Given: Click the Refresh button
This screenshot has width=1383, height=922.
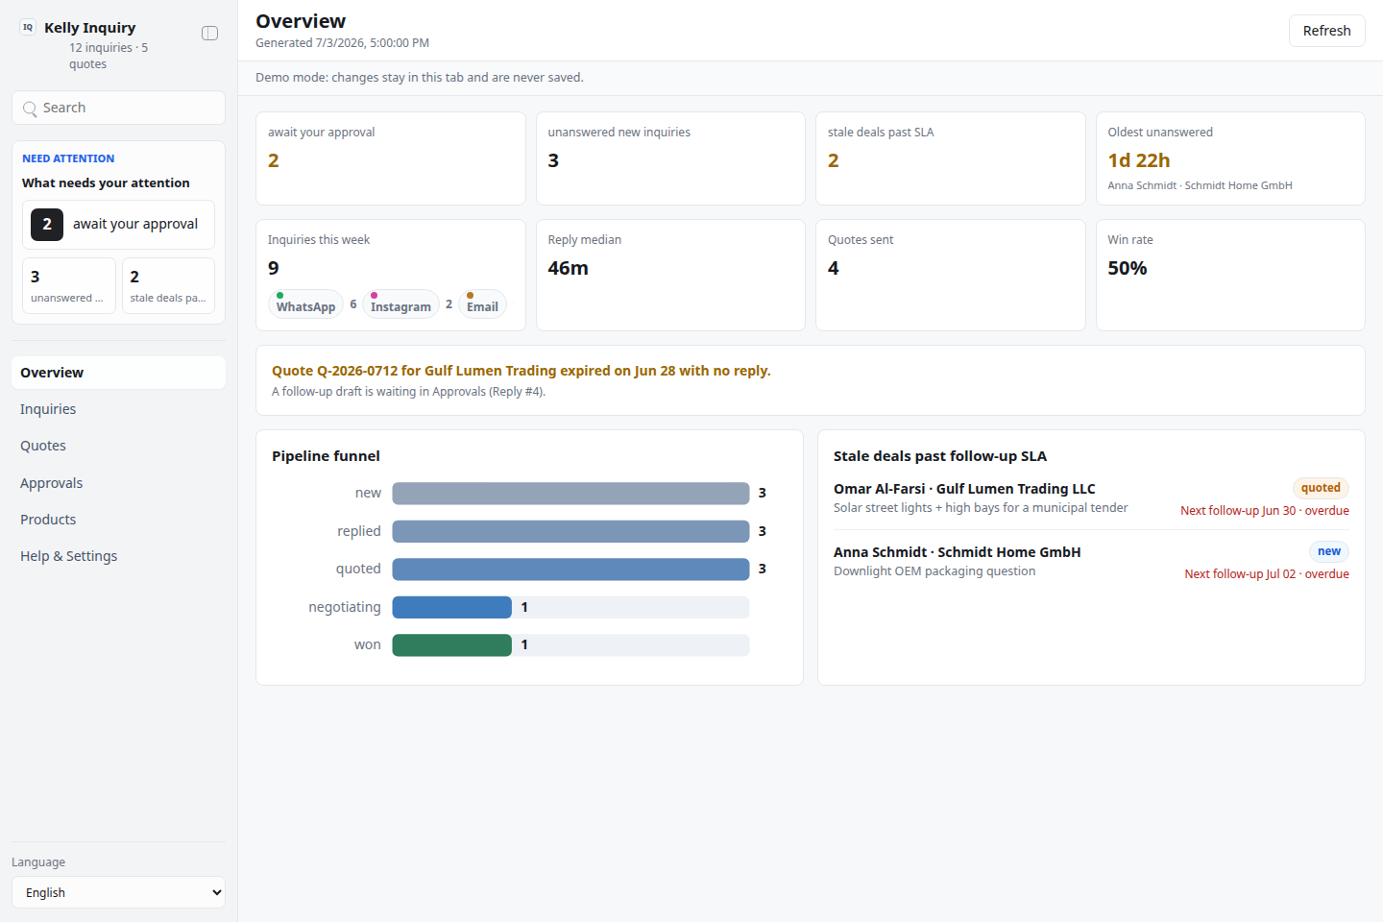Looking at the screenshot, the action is click(x=1326, y=31).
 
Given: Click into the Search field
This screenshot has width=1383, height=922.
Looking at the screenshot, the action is click(x=118, y=108).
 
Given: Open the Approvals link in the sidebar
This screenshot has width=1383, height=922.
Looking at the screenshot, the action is click(x=51, y=483).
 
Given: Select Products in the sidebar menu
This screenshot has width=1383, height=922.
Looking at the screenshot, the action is click(x=48, y=520).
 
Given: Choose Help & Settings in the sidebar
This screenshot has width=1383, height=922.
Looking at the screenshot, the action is click(x=68, y=556).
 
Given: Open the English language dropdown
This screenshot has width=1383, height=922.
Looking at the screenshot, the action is click(x=118, y=892).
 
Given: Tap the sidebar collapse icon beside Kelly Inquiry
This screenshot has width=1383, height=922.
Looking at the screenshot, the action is click(x=210, y=33).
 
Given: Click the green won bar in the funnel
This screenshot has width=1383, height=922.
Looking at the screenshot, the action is click(x=452, y=645).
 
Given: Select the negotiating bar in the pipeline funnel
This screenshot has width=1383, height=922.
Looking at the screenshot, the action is click(x=452, y=607).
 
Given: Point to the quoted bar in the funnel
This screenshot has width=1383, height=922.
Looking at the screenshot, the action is click(x=570, y=569).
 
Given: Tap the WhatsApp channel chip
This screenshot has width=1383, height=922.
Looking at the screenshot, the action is click(x=305, y=304).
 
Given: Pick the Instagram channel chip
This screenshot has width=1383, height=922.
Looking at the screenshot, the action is click(x=400, y=304).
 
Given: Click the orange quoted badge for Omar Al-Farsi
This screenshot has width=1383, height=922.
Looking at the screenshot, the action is click(x=1321, y=488).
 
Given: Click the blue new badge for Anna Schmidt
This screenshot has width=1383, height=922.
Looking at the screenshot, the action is click(x=1328, y=551).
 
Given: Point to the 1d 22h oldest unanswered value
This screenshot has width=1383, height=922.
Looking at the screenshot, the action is click(x=1138, y=160).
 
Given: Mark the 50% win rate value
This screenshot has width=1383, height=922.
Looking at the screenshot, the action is click(x=1127, y=268).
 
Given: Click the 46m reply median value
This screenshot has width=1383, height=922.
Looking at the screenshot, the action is click(x=568, y=268).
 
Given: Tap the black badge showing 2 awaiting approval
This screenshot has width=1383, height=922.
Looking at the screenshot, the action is click(x=47, y=224).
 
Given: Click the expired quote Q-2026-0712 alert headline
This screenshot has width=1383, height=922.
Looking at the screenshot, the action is click(x=522, y=371).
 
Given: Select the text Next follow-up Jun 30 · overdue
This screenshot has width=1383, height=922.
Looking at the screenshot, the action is click(x=1265, y=511).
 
